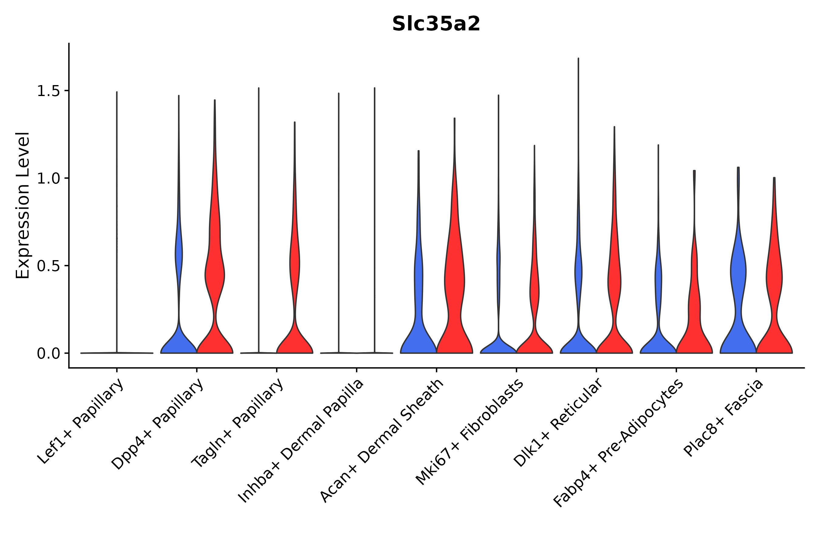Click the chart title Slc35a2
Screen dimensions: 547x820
coord(436,24)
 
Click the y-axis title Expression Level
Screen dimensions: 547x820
coord(23,205)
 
